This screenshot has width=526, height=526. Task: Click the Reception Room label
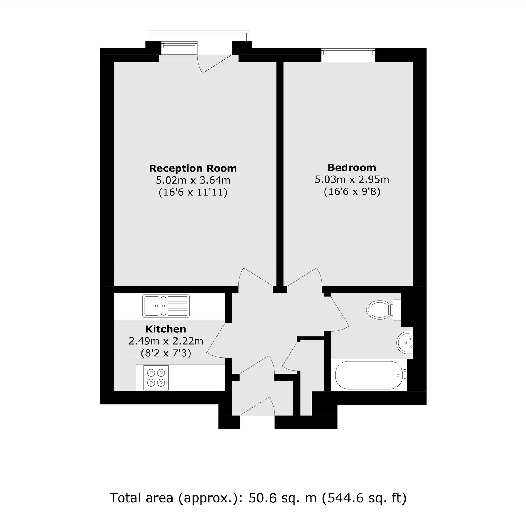pos(193,168)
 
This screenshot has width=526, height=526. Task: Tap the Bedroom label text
pos(352,167)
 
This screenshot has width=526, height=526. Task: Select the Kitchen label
pos(166,329)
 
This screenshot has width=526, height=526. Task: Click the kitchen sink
pos(152,306)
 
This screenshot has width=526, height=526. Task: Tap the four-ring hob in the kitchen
pos(156,377)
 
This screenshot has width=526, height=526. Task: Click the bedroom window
pos(348,52)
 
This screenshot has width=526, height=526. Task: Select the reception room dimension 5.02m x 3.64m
pos(193,180)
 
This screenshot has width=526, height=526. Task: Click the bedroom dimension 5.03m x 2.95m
pos(352,180)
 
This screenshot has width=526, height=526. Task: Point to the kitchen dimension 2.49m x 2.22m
pos(166,341)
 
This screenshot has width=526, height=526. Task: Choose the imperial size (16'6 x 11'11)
pos(193,193)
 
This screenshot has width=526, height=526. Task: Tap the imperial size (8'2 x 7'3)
pos(166,353)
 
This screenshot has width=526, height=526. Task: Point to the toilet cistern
pos(396,310)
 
